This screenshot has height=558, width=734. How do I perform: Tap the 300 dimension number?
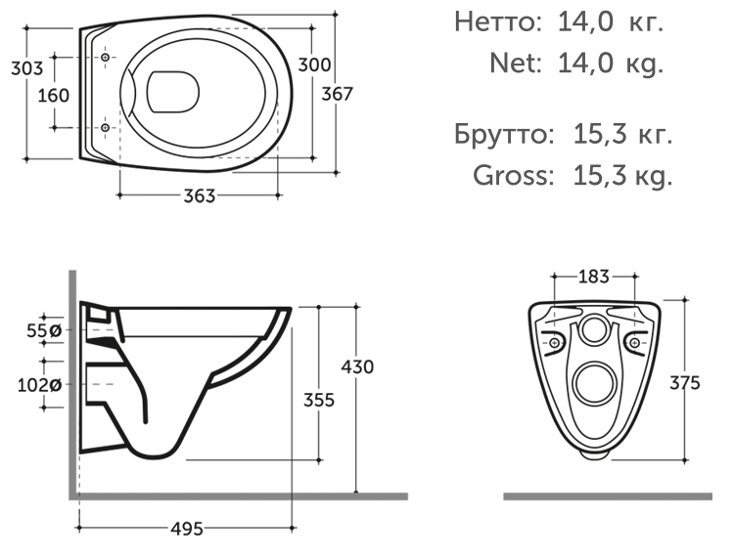coord(314,65)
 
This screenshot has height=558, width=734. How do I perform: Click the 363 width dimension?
coord(200,195)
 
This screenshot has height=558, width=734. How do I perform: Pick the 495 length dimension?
coord(187,529)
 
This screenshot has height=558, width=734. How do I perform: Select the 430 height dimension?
coord(357,366)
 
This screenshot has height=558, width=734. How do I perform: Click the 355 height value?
coord(319,400)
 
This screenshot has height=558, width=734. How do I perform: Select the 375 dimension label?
coord(684,383)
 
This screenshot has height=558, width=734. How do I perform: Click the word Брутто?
coord(498,134)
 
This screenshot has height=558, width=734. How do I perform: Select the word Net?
coord(515,64)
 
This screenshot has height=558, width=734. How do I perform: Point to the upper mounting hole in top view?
coord(105,60)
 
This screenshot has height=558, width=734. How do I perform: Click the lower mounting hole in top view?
coord(105,128)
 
